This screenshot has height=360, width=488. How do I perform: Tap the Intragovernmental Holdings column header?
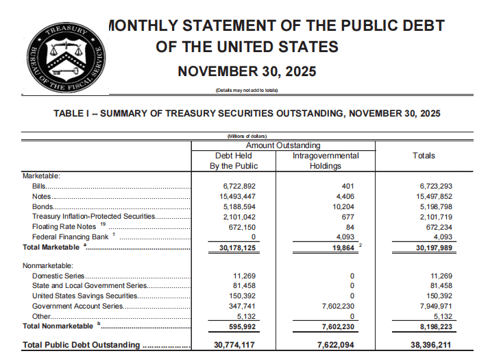tap(326, 161)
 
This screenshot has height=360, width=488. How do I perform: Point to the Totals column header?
tap(424, 156)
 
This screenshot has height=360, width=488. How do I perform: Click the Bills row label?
tap(40, 187)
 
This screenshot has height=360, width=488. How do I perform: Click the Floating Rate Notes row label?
tap(65, 226)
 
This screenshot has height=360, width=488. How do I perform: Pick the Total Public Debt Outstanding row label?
tap(81, 345)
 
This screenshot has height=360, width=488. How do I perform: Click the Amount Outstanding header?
tap(283, 145)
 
